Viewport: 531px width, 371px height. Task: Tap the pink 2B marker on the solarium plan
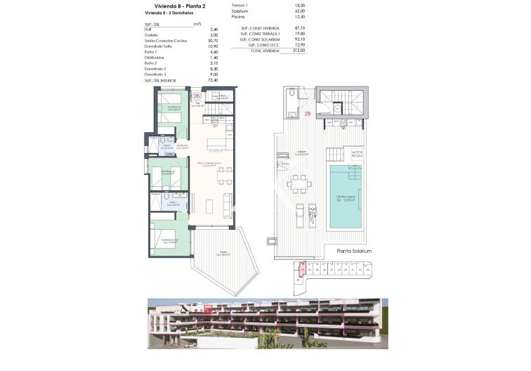pos(307,113)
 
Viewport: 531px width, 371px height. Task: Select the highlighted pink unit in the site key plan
pos(303,268)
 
